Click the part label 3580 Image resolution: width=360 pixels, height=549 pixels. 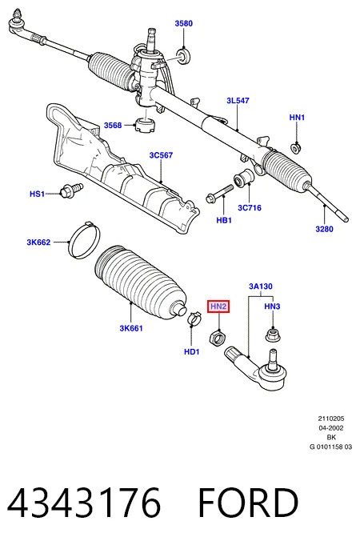(184, 23)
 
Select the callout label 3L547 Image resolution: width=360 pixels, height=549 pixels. (238, 101)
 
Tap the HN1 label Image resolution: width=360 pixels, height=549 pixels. (297, 118)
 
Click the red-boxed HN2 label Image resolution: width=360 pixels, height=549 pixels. (218, 307)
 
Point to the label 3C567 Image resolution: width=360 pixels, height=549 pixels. (161, 155)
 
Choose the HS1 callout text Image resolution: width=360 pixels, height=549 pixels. (37, 194)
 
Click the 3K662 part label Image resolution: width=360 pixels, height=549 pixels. (38, 242)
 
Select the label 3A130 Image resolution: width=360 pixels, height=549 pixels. (261, 287)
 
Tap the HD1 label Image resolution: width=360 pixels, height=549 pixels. (192, 352)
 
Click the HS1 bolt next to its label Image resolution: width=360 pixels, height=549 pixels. (71, 190)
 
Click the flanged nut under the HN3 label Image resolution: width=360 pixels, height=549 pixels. (273, 335)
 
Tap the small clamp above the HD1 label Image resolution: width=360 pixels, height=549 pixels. (194, 318)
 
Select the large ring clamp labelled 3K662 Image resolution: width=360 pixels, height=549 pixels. (84, 241)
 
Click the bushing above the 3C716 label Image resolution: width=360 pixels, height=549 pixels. (244, 178)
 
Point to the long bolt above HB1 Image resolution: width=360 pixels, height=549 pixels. (220, 194)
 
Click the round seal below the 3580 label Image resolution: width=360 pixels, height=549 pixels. (184, 56)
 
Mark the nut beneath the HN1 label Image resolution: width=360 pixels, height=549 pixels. (297, 149)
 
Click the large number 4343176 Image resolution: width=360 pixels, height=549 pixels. (84, 503)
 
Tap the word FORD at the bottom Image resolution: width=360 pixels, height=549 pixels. (248, 503)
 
